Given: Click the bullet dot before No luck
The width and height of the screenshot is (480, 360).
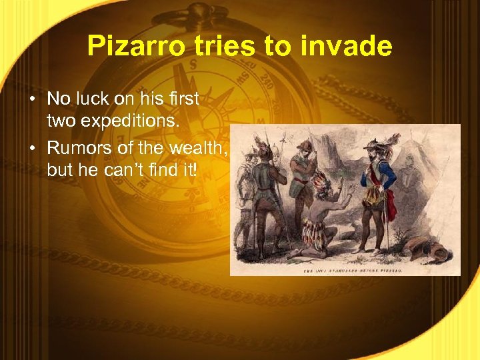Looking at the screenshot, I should [x=32, y=100].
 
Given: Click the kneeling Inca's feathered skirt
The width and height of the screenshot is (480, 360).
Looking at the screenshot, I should [x=315, y=230].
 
